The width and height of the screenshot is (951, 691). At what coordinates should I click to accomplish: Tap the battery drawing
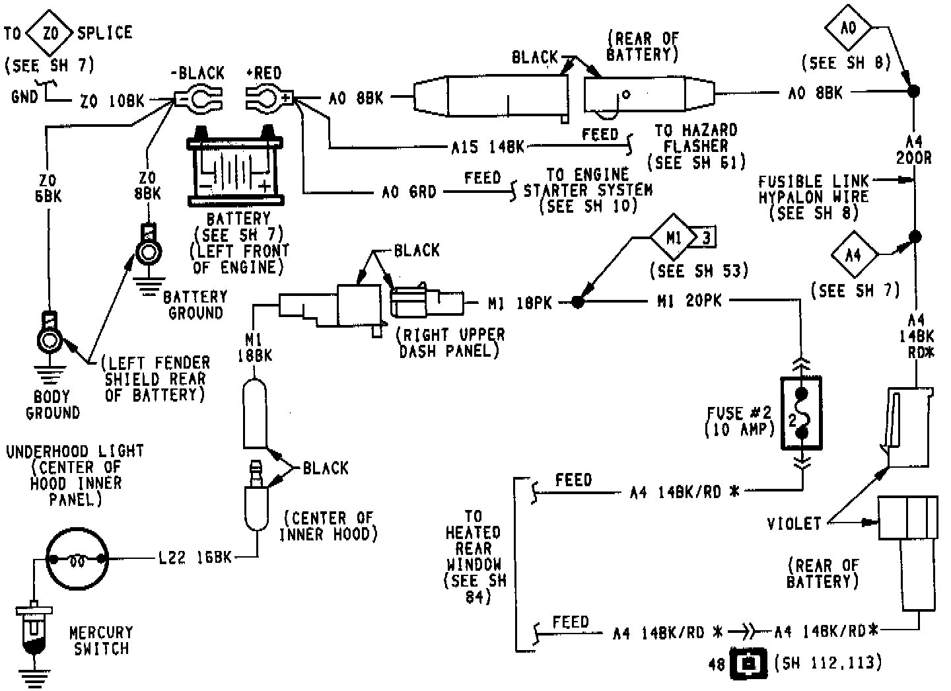pos(236,170)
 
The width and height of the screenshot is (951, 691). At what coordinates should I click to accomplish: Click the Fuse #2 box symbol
pos(801,414)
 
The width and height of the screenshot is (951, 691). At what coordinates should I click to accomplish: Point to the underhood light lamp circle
pos(77,560)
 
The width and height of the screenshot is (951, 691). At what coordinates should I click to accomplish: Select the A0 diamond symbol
pos(849,28)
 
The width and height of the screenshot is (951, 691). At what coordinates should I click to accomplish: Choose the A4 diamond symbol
pos(854,254)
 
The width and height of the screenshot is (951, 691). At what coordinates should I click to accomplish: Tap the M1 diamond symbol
pos(673,237)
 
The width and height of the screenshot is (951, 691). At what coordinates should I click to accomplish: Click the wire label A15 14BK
pos(488,147)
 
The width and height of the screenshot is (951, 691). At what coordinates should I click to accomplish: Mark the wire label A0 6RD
pos(409,192)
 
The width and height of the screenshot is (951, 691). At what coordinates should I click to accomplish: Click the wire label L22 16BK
pos(195,558)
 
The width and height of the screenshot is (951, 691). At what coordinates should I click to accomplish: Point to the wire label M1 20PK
pos(689,301)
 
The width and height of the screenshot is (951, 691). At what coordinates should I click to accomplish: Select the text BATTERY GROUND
pos(195,304)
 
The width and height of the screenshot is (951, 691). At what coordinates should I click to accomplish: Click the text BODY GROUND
pos(52,404)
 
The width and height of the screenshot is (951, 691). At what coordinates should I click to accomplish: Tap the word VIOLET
pos(794,524)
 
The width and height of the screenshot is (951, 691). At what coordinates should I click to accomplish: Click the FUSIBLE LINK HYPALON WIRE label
pos(813,196)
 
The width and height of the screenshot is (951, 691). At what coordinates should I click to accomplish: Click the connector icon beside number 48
pos(749,663)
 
